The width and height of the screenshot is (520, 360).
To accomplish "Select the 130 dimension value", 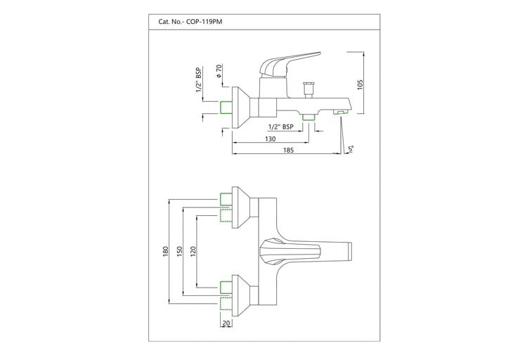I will click(270, 139).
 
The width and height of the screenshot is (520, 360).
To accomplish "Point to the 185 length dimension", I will click(289, 150).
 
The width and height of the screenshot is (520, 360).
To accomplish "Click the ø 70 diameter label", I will click(219, 72).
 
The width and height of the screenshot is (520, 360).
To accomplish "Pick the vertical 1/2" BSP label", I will click(199, 82).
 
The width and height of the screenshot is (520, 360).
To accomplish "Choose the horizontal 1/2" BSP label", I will click(280, 127).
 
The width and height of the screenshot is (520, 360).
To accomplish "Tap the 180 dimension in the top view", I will click(164, 252).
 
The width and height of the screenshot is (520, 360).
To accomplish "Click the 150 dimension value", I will click(180, 251).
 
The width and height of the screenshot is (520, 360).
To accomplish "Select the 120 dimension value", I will click(193, 251).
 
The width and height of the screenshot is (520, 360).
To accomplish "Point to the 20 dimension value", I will click(226, 325).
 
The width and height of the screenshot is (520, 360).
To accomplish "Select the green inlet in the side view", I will click(226, 107).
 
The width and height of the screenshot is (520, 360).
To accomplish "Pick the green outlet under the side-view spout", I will click(308, 117).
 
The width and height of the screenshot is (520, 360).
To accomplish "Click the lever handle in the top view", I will click(288, 251).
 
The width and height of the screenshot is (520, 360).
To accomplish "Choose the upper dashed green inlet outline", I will click(226, 215).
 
